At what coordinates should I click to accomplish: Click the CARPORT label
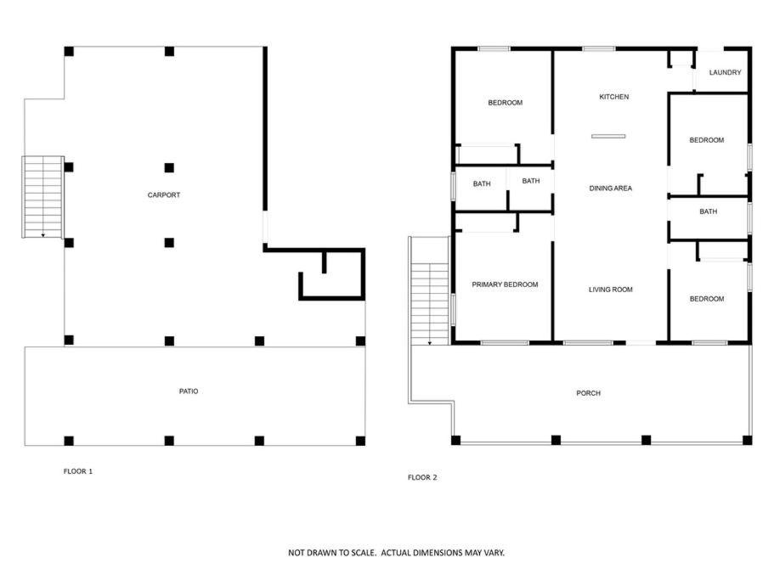coord(164,194)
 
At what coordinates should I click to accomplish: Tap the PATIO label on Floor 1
coord(189,391)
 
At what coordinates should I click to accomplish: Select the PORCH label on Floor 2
coord(589,393)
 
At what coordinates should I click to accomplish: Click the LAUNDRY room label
coord(725,72)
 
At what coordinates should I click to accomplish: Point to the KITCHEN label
coord(614,97)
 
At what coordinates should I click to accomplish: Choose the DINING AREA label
coord(611,188)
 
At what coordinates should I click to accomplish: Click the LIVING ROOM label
coord(611,290)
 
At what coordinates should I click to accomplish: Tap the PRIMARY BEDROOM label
coord(505,284)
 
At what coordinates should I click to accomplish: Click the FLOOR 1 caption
coord(78,471)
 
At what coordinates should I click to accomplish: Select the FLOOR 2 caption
coord(422,477)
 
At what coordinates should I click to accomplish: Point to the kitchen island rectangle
coord(608,136)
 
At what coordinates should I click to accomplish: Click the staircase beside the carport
coord(43,197)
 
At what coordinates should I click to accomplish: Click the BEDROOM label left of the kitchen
coord(505,103)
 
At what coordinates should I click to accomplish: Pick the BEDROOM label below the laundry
coord(707,140)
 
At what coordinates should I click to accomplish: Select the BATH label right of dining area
coord(709,211)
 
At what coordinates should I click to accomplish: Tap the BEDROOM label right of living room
coord(707,299)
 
